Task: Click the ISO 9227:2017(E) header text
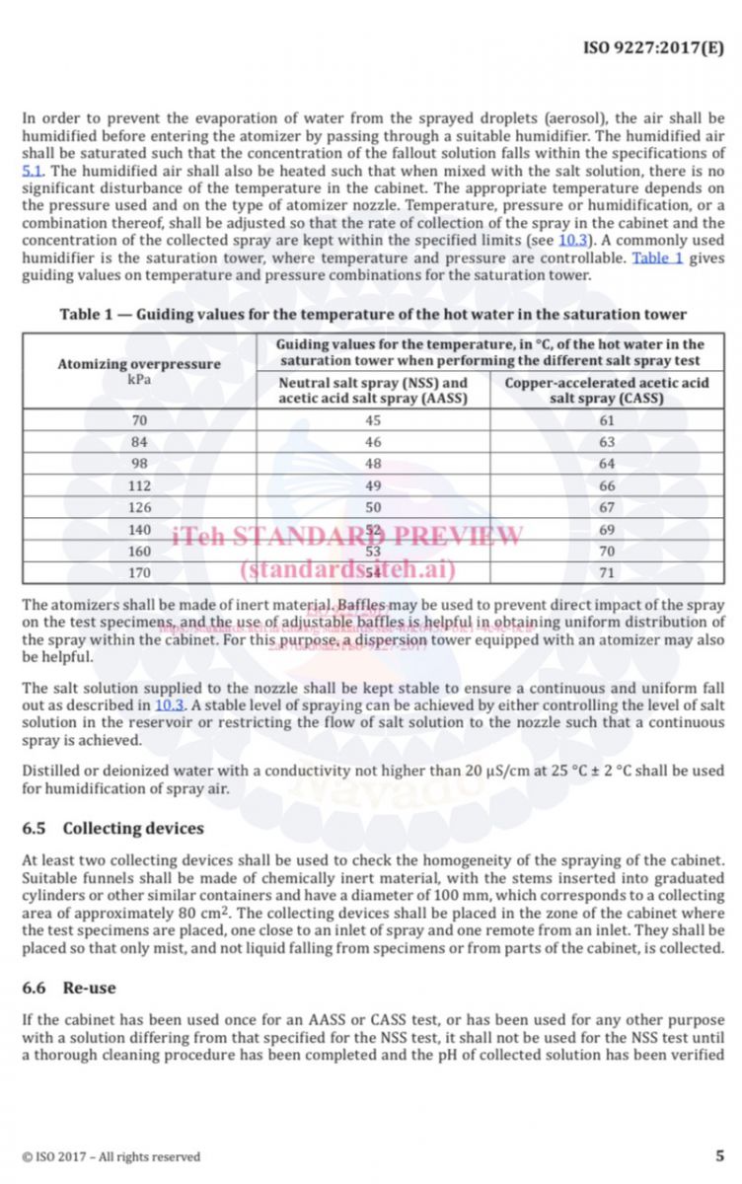(x=653, y=46)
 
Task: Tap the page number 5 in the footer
(x=719, y=1155)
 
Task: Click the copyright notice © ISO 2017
(x=111, y=1156)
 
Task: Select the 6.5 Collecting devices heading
(x=112, y=828)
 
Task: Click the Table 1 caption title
(x=373, y=314)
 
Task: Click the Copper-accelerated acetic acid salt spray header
(x=606, y=390)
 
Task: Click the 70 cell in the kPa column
(x=139, y=420)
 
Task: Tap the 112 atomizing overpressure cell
(x=139, y=484)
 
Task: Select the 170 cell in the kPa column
(x=139, y=571)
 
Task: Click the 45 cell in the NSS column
(x=373, y=420)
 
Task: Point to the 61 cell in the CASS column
(x=606, y=420)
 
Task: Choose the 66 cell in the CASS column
(x=606, y=484)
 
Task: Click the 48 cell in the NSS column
(x=373, y=464)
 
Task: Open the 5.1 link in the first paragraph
(x=32, y=171)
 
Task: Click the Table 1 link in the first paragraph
(x=657, y=259)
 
